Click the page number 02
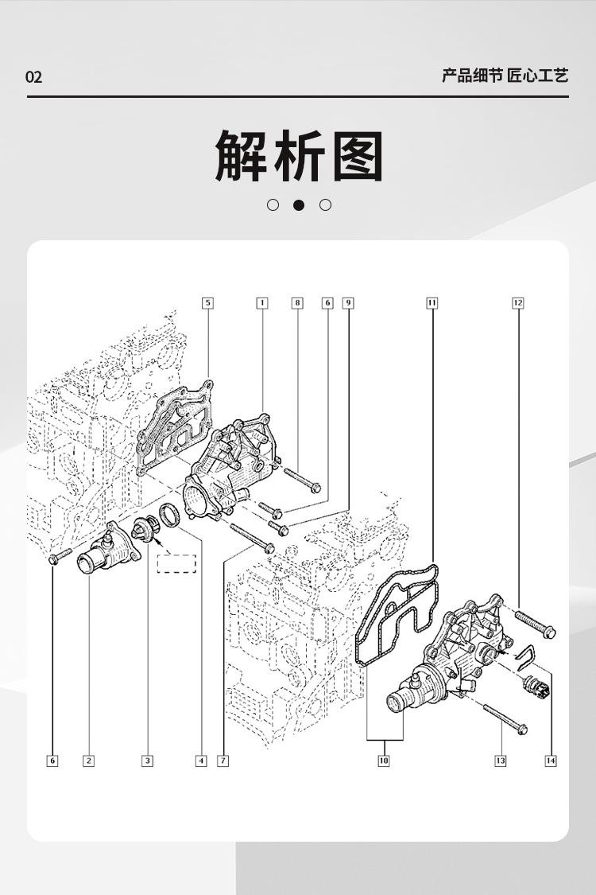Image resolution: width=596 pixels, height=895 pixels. pyautogui.click(x=33, y=77)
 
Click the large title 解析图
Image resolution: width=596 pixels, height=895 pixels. pyautogui.click(x=299, y=157)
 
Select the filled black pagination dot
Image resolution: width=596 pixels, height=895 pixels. pyautogui.click(x=299, y=205)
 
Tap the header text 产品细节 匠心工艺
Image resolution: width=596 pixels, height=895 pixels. pyautogui.click(x=505, y=76)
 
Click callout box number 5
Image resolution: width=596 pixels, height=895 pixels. pyautogui.click(x=207, y=303)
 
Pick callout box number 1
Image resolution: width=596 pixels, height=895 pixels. pyautogui.click(x=262, y=303)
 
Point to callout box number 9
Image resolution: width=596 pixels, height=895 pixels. pyautogui.click(x=348, y=303)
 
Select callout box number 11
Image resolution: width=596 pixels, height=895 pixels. pyautogui.click(x=432, y=303)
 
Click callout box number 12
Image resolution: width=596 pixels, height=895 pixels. pyautogui.click(x=518, y=303)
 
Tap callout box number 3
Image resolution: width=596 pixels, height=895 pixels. pyautogui.click(x=147, y=761)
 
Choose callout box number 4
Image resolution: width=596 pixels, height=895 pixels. pyautogui.click(x=201, y=761)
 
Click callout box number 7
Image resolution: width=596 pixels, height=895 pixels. pyautogui.click(x=223, y=761)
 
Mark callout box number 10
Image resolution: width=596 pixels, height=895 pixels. pyautogui.click(x=384, y=761)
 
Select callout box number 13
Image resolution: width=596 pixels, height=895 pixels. pyautogui.click(x=501, y=761)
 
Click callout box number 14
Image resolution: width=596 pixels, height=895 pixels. pyautogui.click(x=551, y=761)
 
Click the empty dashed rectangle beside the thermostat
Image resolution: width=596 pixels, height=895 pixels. pyautogui.click(x=176, y=563)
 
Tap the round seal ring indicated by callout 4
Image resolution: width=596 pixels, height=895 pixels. pyautogui.click(x=171, y=514)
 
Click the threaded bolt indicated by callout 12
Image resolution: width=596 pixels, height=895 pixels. pyautogui.click(x=535, y=624)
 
